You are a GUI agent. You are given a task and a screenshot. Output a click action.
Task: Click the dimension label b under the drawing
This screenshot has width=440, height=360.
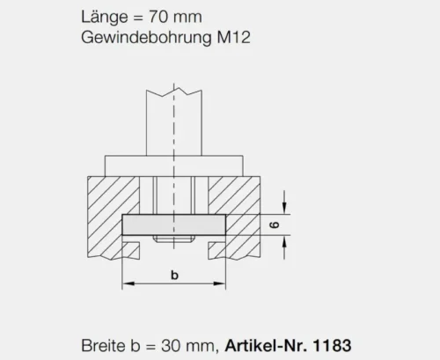(174, 275)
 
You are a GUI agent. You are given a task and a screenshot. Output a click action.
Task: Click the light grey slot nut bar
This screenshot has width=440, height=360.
(174, 225)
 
